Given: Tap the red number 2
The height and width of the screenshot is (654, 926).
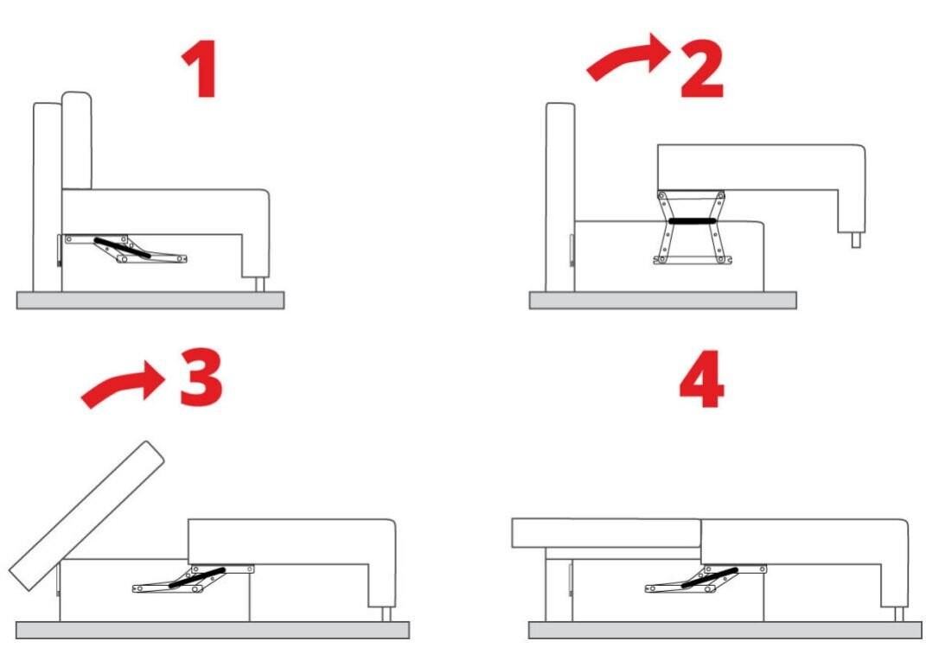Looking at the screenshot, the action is coord(702,70).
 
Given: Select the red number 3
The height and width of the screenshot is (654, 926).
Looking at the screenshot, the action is coord(201,378).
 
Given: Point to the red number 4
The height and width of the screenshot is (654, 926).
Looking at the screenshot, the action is coord(701,378).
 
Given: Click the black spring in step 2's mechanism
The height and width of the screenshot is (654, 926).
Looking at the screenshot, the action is coord(693,221).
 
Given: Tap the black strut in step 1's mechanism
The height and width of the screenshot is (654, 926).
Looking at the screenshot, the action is coord(122,248).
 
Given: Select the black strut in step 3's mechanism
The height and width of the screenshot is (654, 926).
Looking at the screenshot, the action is coord(197,578).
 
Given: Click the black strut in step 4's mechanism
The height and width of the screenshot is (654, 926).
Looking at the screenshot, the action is coord(710,578).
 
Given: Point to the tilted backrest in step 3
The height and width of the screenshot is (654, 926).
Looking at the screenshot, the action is coord(86,515).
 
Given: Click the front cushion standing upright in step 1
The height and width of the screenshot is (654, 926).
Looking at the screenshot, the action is coord(77,141).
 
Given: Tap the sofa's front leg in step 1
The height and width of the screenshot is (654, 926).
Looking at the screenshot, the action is coord(260,284).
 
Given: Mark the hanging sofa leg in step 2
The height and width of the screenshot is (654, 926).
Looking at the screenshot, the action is coord(856,239).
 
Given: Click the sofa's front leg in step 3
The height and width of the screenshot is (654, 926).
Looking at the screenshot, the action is coord(386,614).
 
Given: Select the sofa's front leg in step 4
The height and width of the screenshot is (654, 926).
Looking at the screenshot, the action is coord(899,614).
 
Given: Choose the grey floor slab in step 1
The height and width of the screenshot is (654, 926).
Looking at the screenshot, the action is coord(150,300).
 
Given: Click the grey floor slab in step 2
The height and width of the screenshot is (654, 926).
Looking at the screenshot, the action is coord(662,300).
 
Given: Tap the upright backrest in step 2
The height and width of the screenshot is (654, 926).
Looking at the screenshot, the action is coord(560,197).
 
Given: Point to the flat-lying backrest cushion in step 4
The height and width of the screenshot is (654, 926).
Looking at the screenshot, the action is coord(606,534).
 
